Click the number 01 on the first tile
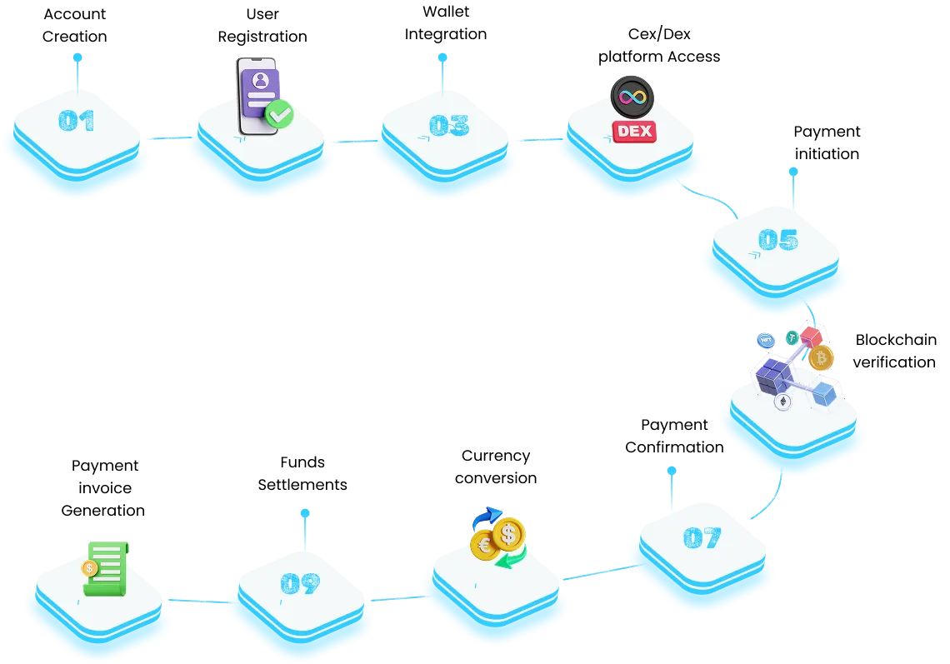tap(76, 122)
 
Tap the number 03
tap(448, 125)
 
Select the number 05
tap(777, 240)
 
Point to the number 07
tap(702, 538)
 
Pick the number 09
tap(300, 583)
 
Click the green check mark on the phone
tap(279, 114)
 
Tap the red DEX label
tap(633, 131)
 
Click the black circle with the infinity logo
tap(632, 97)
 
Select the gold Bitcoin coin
tap(821, 358)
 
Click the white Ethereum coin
tap(782, 402)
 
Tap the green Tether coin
tap(791, 337)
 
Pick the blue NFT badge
tap(765, 340)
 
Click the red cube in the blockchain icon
tap(810, 336)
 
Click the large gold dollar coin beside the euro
tap(508, 533)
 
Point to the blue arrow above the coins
tap(488, 517)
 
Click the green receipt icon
tap(106, 568)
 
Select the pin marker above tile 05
tap(792, 172)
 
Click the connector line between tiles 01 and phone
tap(165, 137)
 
